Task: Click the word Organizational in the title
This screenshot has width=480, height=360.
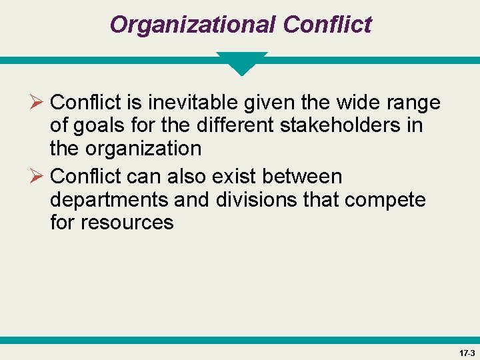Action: point(193,25)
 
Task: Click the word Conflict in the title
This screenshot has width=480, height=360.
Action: point(327,25)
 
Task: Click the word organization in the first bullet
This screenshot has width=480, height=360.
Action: point(145,148)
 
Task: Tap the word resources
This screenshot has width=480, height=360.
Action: point(127,222)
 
